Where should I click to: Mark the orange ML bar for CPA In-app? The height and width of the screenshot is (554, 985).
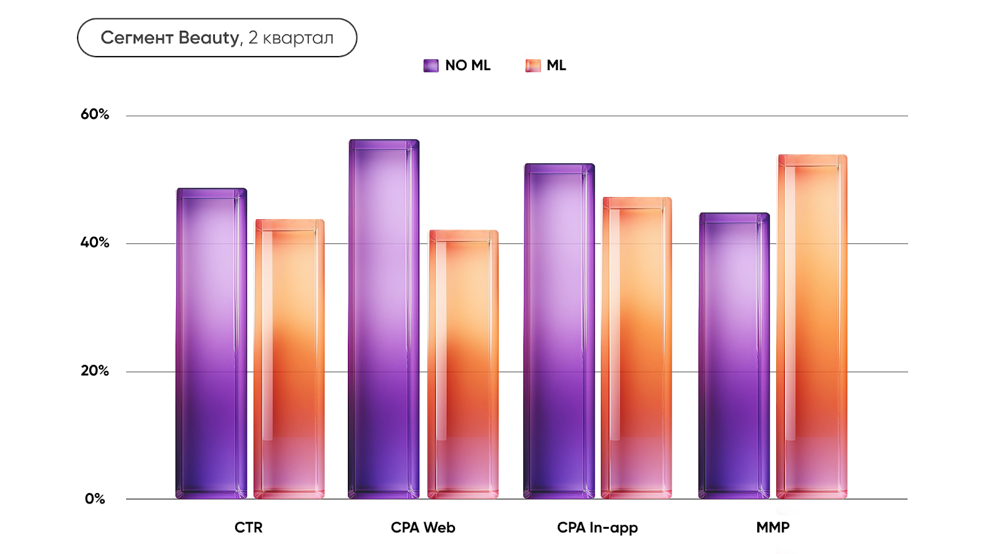(637, 348)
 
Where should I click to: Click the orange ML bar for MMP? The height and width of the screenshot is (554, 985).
(812, 327)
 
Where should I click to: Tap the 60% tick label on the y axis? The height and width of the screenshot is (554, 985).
(95, 114)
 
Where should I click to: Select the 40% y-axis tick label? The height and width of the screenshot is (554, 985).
(95, 243)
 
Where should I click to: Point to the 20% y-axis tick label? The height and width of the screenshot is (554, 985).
(95, 371)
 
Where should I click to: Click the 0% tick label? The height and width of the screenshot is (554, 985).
(95, 499)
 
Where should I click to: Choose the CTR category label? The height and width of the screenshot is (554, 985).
(249, 528)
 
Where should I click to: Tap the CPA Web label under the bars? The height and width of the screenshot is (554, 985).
(423, 528)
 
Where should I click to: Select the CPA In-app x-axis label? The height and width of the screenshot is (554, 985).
(597, 528)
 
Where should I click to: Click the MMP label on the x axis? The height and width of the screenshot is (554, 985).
(773, 528)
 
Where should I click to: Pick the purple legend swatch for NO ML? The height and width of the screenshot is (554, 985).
(431, 65)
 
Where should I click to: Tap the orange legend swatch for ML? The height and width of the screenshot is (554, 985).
(533, 65)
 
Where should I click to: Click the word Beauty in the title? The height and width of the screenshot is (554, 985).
(209, 38)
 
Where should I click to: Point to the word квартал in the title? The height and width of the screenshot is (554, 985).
(298, 38)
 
